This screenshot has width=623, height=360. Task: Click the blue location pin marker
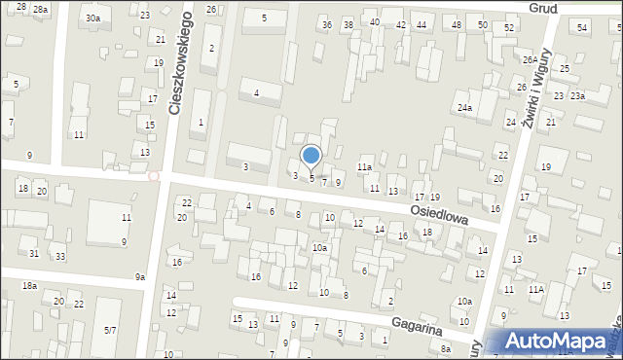[311, 157]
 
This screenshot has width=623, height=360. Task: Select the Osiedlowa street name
[439, 214]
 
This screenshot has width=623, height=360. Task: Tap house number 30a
[92, 18]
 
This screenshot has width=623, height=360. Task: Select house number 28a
[40, 8]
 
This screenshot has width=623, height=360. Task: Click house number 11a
[364, 167]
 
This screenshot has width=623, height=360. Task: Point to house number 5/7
[110, 331]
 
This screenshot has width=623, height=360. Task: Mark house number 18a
[30, 285]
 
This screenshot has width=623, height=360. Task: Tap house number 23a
[577, 96]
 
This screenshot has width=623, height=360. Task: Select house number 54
[581, 27]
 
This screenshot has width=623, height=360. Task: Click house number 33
[60, 256]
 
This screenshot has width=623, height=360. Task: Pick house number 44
[421, 24]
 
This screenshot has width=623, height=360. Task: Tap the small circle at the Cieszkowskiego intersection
[153, 175]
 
